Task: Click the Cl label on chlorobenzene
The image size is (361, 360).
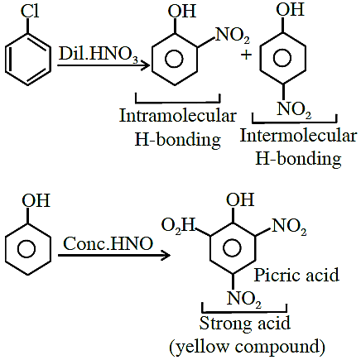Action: point(30,12)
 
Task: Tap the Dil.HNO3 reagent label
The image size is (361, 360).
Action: point(99,54)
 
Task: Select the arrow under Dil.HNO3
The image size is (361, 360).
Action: point(103,65)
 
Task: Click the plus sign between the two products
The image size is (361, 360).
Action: point(246,55)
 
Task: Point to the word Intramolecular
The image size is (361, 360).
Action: point(178,116)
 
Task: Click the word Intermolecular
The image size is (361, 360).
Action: point(298,136)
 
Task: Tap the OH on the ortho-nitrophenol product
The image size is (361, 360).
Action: point(182,12)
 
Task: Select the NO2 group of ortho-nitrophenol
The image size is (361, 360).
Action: point(232,36)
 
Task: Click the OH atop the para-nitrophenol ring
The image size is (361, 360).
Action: point(291,9)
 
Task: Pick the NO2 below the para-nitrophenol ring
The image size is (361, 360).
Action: point(294,110)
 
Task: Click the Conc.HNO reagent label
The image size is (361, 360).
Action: point(108,244)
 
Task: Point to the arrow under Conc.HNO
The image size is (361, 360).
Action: point(114,255)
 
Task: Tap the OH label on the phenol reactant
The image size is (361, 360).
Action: point(36,200)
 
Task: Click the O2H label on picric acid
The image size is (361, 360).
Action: point(178,225)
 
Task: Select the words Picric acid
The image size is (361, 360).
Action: point(296,275)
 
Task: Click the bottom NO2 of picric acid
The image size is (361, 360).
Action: point(244,299)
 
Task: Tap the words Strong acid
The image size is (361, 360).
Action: point(245,324)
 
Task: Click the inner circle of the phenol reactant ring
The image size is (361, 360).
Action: point(26,249)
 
